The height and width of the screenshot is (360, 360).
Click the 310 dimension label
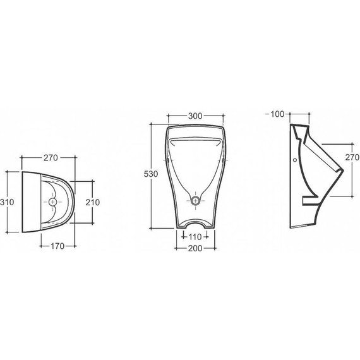(x=7, y=202)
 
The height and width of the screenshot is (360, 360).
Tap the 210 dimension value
(x=93, y=202)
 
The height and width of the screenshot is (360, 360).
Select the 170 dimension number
(x=57, y=246)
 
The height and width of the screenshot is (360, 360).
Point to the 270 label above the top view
(x=51, y=158)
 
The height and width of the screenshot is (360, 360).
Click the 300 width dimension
(x=195, y=116)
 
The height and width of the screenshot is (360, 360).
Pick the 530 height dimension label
(x=151, y=174)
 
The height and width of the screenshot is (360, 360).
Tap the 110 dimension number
(x=195, y=237)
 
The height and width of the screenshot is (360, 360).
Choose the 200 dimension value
(x=195, y=248)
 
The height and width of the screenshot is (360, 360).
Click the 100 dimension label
(x=277, y=114)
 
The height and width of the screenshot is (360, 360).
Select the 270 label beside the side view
(x=352, y=157)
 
